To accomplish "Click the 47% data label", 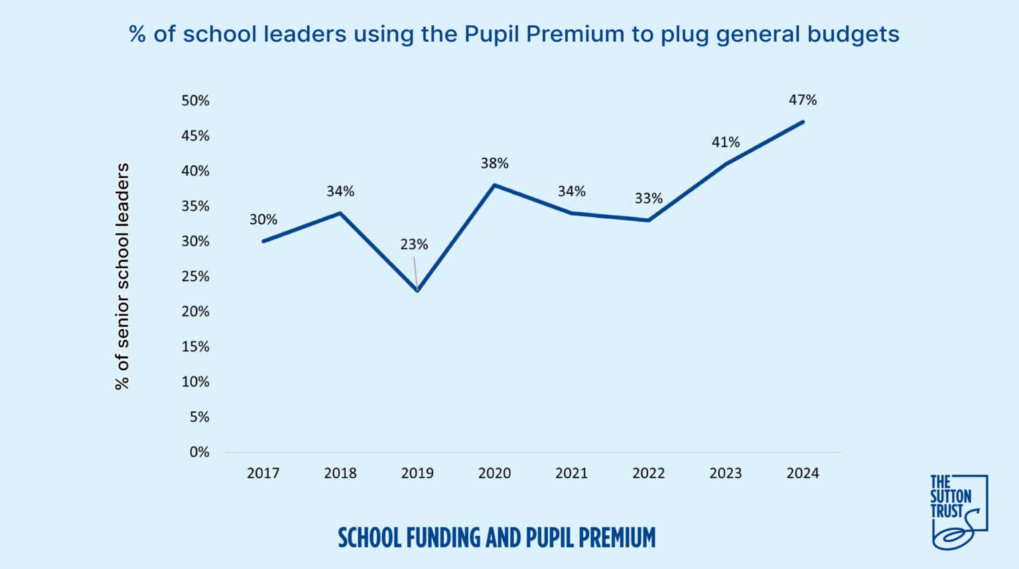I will coord(802,100).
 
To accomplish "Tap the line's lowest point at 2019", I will coord(417,290).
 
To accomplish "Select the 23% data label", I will coord(413,245).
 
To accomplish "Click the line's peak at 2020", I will coord(494,185).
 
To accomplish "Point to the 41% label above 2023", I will coord(725,142).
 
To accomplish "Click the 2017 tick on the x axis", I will coord(263,473).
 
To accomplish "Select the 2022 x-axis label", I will coord(648,473).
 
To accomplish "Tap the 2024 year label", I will coord(802,473).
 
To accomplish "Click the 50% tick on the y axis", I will coord(195,101).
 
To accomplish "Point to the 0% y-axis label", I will coord(199,452).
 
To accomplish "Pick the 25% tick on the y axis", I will coord(195,277).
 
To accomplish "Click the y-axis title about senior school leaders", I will coord(122,276).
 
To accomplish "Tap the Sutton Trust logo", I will coord(958,511).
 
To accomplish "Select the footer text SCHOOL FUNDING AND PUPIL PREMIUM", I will coord(496,537).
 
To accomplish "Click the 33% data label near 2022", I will coord(648,198).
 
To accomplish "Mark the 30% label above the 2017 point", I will coord(263,220).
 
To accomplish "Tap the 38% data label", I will coord(494,163).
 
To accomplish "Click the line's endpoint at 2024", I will coord(803,122).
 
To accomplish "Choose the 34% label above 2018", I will coord(340,192).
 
